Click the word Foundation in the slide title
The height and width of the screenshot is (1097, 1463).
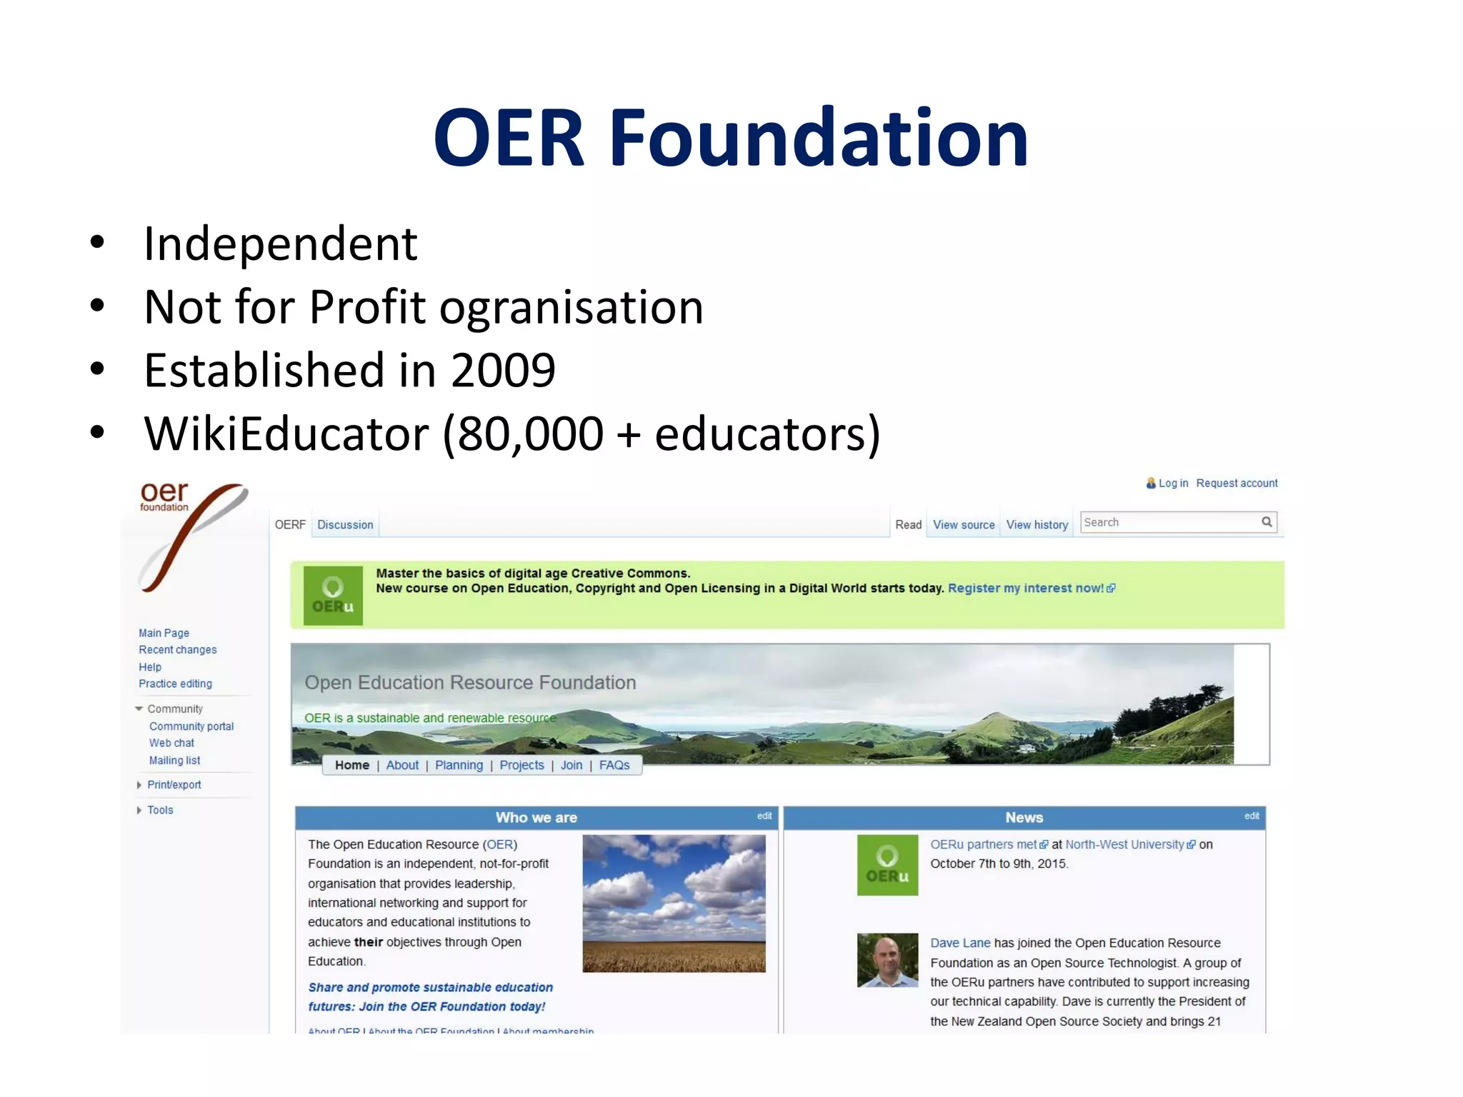pos(818,138)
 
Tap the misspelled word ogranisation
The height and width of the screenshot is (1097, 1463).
pos(571,307)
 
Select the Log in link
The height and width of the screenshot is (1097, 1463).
pos(1173,484)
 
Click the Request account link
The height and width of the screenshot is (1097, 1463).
pos(1237,484)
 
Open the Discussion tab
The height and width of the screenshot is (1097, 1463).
pos(345,525)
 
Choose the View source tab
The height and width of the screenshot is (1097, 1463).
pos(964,525)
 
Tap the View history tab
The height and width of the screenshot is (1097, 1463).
pos(1037,525)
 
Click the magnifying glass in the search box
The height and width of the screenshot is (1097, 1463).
pos(1267,522)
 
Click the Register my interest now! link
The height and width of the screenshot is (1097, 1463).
pos(1026,588)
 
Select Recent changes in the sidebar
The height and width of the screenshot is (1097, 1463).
pos(178,650)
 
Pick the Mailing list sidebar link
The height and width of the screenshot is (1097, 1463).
pos(174,761)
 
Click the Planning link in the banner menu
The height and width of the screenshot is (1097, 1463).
pos(459,766)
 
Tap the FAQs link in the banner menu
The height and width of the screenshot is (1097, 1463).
pos(614,766)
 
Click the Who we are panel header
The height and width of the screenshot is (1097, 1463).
pos(536,818)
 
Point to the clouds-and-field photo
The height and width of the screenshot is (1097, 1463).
pos(674,903)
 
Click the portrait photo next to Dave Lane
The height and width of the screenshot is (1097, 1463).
pos(887,961)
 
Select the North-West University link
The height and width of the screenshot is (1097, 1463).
pos(1124,845)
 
